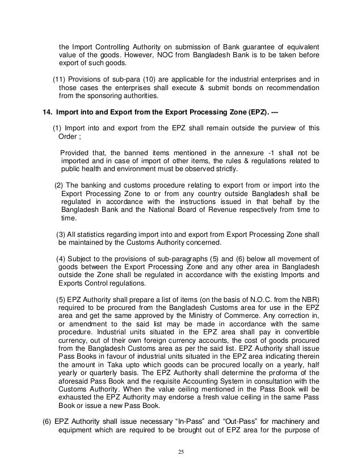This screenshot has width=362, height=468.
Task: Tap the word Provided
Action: [x=75, y=152]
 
